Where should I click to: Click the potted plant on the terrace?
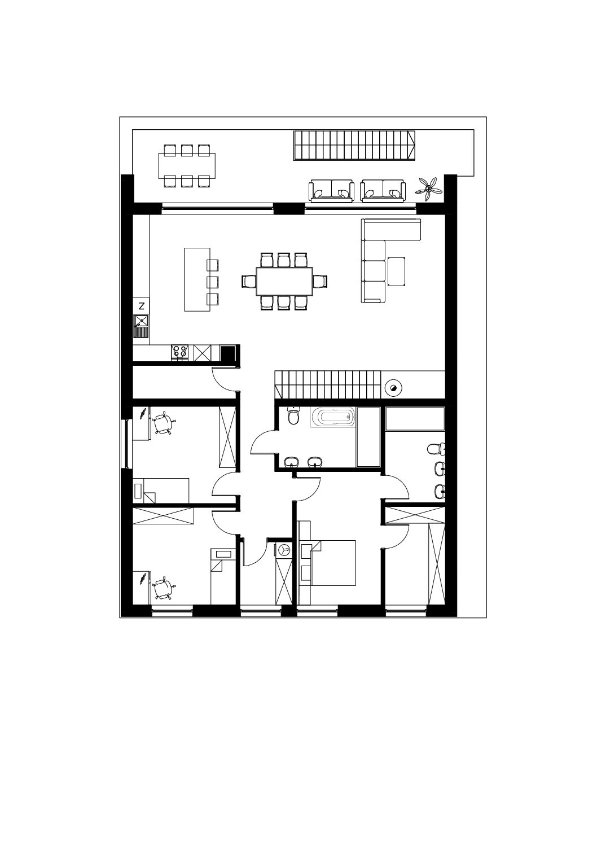(x=428, y=189)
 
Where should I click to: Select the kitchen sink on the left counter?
(x=141, y=327)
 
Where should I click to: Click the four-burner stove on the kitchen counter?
(x=180, y=353)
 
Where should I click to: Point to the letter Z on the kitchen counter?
(x=142, y=306)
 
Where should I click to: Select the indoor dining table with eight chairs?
(x=284, y=282)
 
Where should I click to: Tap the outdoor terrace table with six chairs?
(x=187, y=165)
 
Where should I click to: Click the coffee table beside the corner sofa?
(x=396, y=272)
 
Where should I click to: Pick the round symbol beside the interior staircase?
(x=393, y=388)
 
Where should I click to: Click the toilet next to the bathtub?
(x=293, y=416)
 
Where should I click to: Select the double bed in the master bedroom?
(x=327, y=563)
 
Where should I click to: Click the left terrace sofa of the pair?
(x=331, y=191)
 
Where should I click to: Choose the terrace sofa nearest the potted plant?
(x=383, y=191)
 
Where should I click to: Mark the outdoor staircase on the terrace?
(x=354, y=146)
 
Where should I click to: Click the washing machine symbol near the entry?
(x=284, y=551)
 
